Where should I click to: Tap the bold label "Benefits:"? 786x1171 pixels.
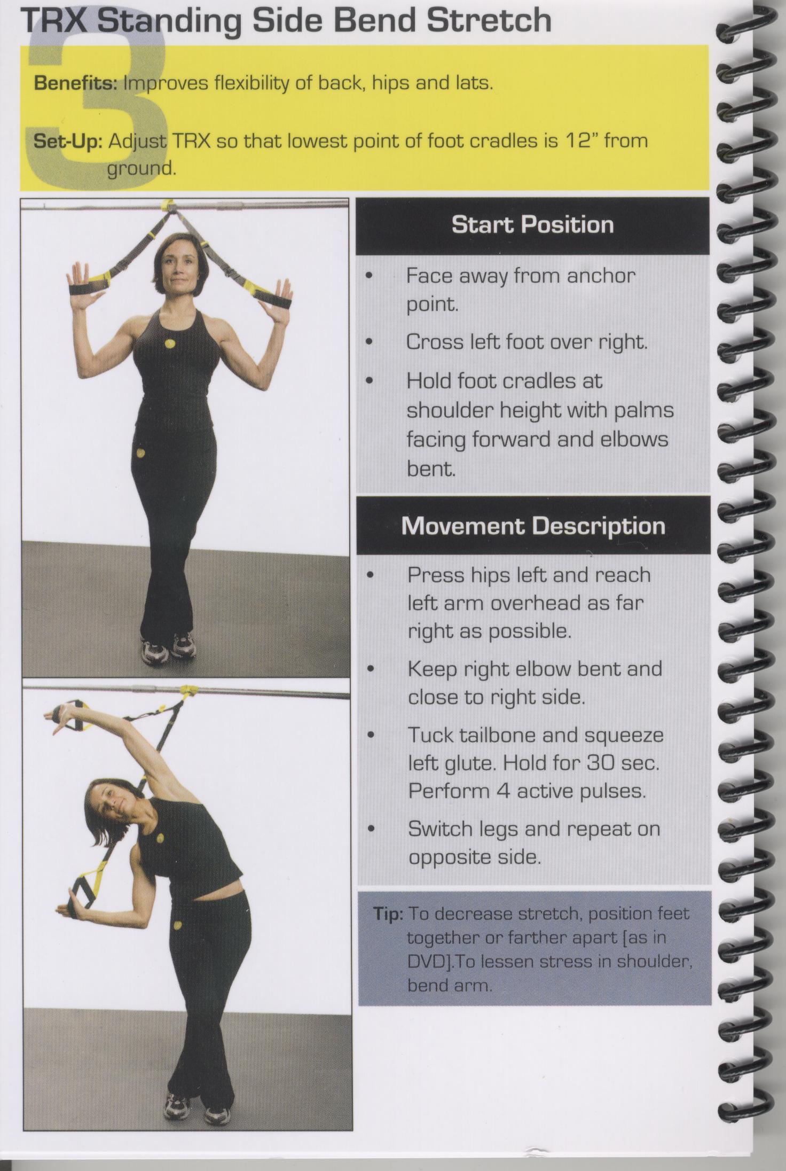[x=75, y=83]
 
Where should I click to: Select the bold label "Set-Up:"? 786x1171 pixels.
[x=67, y=142]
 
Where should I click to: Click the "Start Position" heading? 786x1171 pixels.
[x=532, y=224]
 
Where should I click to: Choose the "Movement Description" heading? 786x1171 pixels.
[x=533, y=526]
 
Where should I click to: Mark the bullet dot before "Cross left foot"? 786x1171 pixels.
[x=369, y=342]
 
